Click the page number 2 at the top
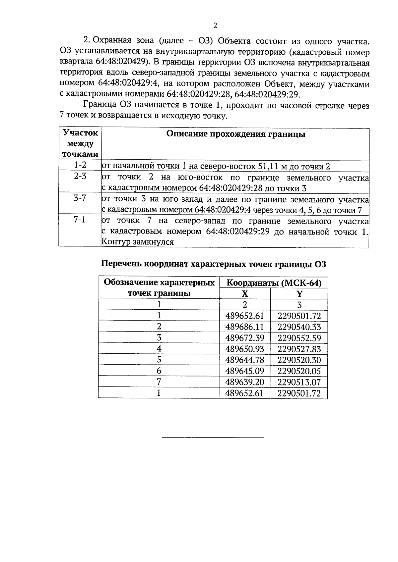(215, 26)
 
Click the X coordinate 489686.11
(244, 327)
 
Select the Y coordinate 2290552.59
(299, 338)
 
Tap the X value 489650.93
(244, 349)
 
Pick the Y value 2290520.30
(299, 360)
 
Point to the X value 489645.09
(244, 371)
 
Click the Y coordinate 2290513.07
(299, 382)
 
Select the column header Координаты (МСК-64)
(274, 283)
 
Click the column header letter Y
(299, 294)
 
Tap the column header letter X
(245, 294)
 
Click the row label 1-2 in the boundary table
(80, 165)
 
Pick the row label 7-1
(80, 220)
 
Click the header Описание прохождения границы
(235, 134)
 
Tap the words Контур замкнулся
(137, 242)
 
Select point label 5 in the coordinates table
(159, 360)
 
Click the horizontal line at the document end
(213, 438)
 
